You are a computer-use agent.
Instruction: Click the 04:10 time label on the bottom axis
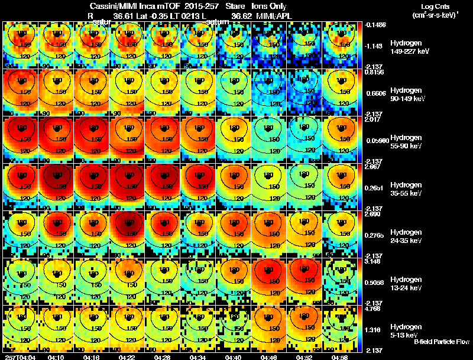(57, 357)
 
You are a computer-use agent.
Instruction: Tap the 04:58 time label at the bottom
(339, 357)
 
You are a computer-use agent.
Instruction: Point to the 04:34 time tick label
(198, 357)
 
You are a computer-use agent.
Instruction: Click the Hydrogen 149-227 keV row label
(409, 47)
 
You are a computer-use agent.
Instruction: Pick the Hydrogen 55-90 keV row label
(409, 142)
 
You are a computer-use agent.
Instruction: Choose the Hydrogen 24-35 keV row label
(409, 236)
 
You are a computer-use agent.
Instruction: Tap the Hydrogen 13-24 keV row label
(409, 284)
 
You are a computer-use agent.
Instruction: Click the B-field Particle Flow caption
(442, 342)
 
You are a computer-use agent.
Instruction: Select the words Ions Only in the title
(270, 7)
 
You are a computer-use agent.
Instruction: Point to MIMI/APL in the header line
(271, 16)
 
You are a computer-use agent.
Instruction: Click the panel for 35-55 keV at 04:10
(57, 187)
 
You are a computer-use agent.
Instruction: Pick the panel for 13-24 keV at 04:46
(269, 281)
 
